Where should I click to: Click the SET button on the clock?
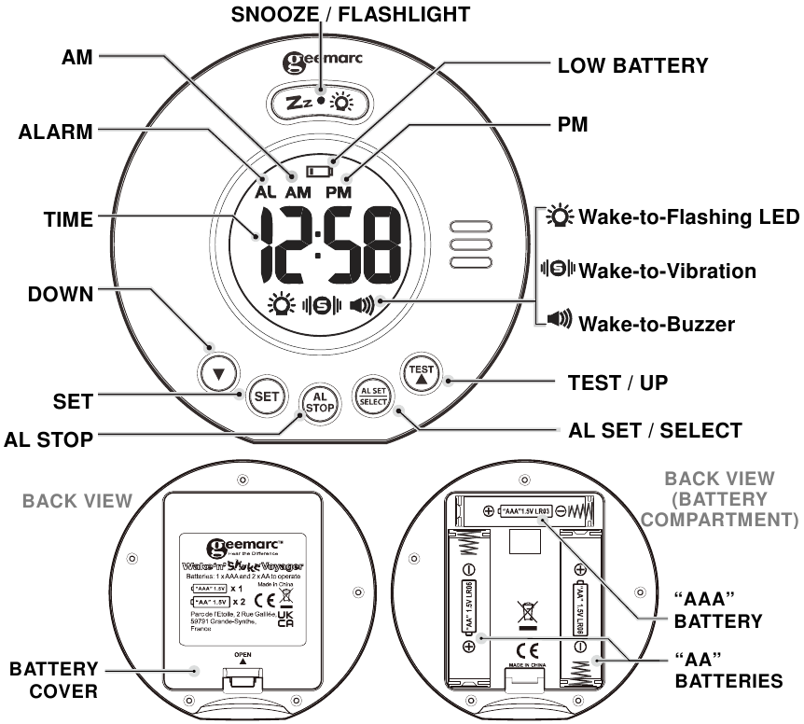point(267,397)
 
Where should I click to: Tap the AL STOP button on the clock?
point(319,406)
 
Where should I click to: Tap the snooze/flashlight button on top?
point(319,102)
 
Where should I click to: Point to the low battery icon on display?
point(319,172)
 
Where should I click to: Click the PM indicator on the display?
point(340,192)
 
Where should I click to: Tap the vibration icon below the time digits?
point(319,304)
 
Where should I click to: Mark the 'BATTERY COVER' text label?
point(54,681)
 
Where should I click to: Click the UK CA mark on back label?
point(285,623)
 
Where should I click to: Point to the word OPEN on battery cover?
point(243,653)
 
